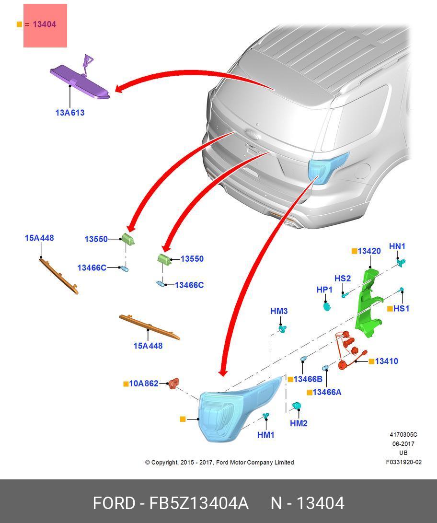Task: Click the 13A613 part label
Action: click(70, 113)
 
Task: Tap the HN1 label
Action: click(397, 246)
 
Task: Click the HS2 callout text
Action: click(343, 279)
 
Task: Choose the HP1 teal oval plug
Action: click(327, 305)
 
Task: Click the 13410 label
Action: click(386, 361)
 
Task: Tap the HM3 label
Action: click(279, 311)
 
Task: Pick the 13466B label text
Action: click(308, 379)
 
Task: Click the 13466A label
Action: click(327, 392)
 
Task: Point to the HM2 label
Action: click(299, 423)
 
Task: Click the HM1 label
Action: click(266, 435)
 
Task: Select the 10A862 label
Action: click(144, 384)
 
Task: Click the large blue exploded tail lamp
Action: click(230, 412)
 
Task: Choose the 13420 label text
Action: click(369, 251)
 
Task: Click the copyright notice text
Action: click(219, 462)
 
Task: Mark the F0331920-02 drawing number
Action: click(403, 462)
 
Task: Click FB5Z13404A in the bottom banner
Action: click(199, 503)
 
